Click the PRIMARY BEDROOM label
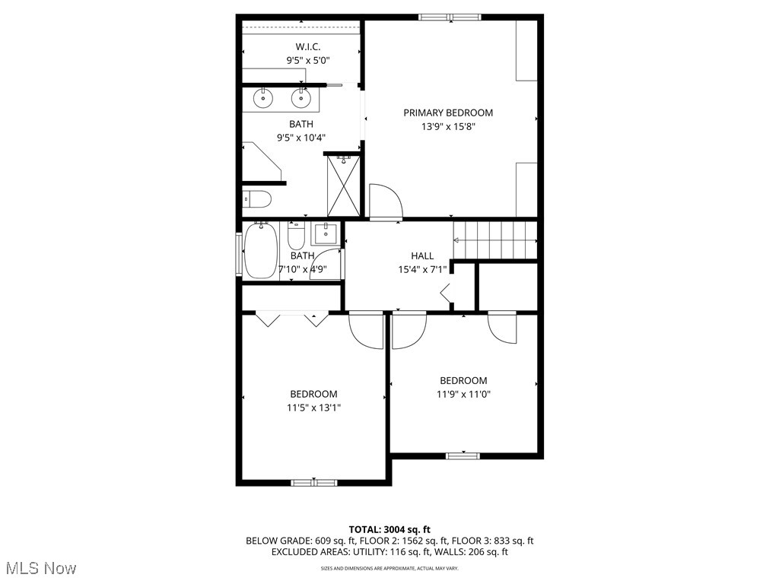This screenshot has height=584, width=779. pos(448,113)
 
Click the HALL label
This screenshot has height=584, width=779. pos(422,256)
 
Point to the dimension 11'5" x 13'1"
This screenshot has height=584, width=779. pos(313,408)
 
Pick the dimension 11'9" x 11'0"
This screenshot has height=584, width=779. pos(463,394)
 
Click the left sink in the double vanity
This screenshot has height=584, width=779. pos(264,97)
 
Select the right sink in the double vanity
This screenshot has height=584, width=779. pos(302,97)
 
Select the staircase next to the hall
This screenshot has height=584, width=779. pos(495,240)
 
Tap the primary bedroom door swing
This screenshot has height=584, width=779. pos(384,201)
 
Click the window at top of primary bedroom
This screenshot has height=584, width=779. pos(449,17)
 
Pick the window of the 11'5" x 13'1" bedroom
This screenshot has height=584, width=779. pos(313,482)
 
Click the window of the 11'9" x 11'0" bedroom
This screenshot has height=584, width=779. pos(463,455)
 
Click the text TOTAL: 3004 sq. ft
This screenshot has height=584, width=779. pos(389,529)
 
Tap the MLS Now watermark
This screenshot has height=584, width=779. pos(40,568)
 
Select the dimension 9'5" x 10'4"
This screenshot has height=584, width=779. pos(300,138)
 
